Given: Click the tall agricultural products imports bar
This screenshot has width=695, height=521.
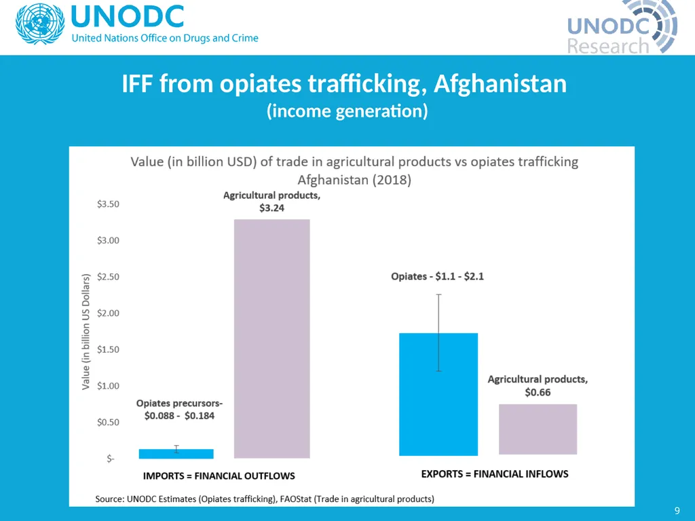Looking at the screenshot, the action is (x=271, y=339).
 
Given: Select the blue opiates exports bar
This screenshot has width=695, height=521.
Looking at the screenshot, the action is (x=438, y=394).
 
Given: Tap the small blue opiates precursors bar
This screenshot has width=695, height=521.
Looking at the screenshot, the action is (x=176, y=454).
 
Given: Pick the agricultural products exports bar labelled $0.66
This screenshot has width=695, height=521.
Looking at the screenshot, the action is (x=538, y=429).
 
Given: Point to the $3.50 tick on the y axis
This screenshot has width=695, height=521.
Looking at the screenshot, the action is (x=108, y=204).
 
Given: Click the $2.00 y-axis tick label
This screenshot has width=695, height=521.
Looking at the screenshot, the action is (x=108, y=313).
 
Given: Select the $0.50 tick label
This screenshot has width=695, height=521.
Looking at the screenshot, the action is (x=108, y=422).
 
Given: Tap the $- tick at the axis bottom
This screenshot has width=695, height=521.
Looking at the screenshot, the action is (x=111, y=459).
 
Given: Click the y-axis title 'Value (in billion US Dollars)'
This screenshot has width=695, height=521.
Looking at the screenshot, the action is (x=86, y=332).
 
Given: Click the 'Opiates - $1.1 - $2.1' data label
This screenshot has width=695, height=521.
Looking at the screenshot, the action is (x=438, y=277).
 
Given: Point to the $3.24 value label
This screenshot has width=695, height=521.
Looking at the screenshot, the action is (x=271, y=208).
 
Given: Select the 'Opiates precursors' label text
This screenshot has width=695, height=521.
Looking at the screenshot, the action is (x=179, y=403).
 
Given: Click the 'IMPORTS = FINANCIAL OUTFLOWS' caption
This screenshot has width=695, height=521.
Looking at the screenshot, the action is (x=219, y=476).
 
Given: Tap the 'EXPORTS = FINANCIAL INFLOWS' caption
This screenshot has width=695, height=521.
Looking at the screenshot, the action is (x=495, y=474).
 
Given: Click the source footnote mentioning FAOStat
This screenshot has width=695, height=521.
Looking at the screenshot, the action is (x=265, y=499).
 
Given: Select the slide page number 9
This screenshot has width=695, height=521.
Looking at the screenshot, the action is (x=677, y=510).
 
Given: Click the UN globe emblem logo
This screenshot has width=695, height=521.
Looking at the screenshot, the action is (x=40, y=24).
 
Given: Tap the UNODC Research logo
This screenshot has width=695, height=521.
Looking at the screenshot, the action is (x=622, y=27).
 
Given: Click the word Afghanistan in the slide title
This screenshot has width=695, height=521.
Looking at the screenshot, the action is (x=500, y=83).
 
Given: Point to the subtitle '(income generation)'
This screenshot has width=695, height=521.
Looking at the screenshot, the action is (x=347, y=111).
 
